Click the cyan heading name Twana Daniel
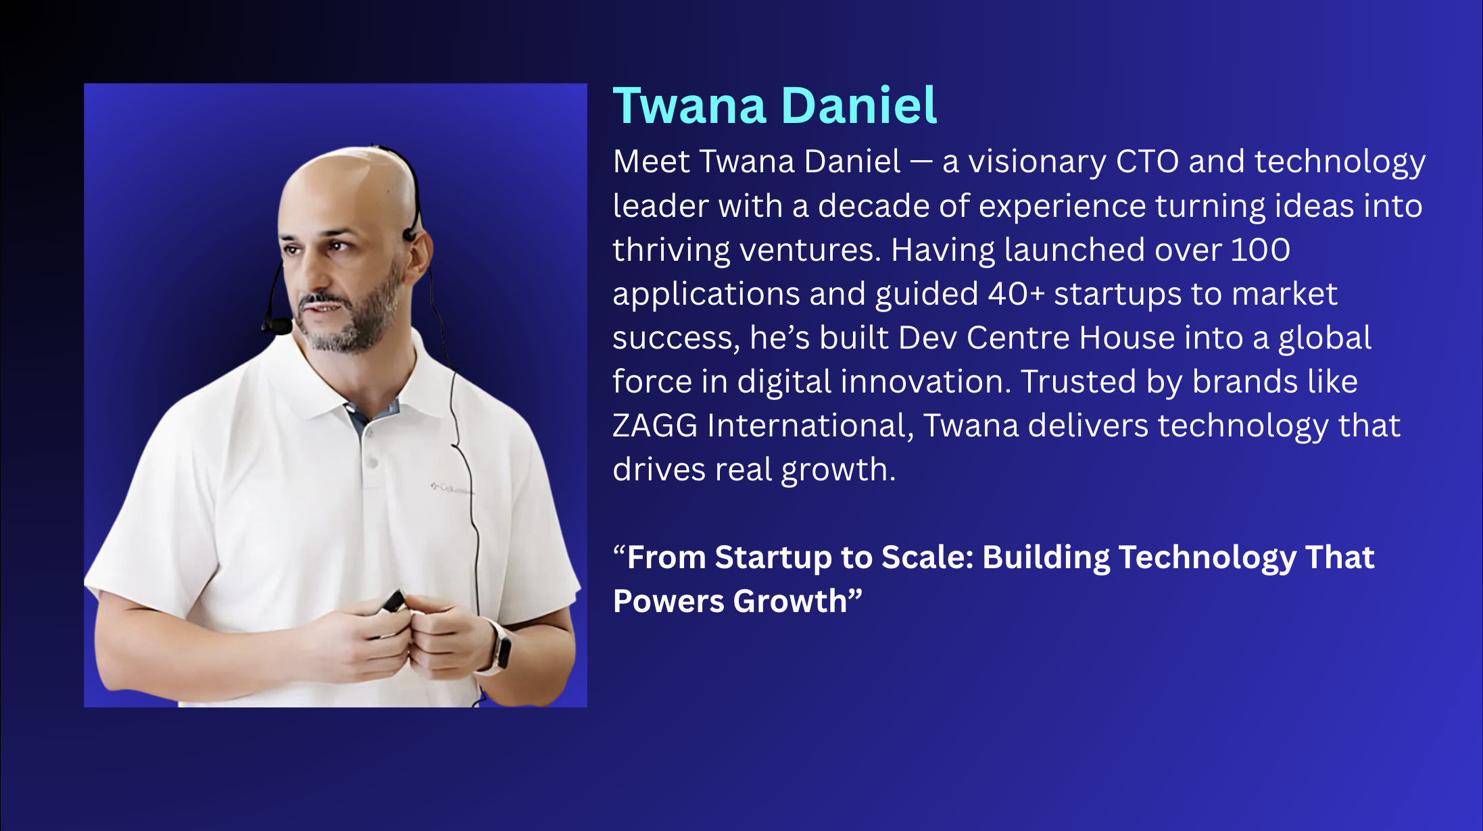(775, 106)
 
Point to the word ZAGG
(655, 426)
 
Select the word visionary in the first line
(1037, 163)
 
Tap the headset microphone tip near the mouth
(277, 326)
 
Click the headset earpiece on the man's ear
(410, 234)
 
